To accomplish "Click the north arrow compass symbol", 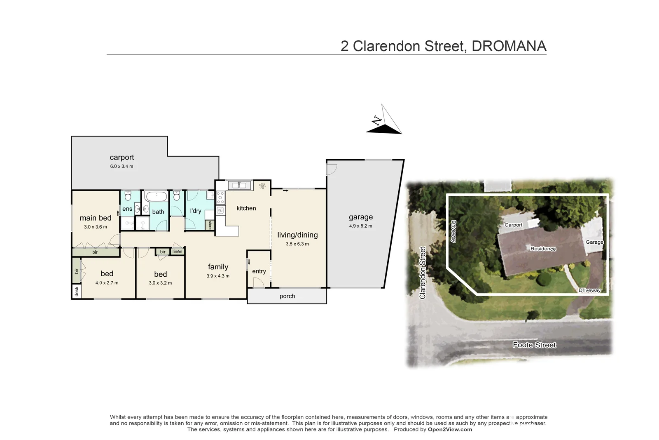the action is pyautogui.click(x=384, y=121).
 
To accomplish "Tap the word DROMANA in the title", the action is pyautogui.click(x=509, y=46).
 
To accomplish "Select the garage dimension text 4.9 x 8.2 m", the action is pyautogui.click(x=360, y=226).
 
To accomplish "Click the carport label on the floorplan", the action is pyautogui.click(x=122, y=158).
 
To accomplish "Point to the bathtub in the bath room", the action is pyautogui.click(x=156, y=196).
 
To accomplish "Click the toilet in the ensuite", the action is pyautogui.click(x=128, y=195).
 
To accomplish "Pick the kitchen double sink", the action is pyautogui.click(x=239, y=185).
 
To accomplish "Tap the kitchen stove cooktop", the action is pyautogui.click(x=220, y=198).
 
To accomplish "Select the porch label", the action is pyautogui.click(x=287, y=296).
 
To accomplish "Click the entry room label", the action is pyautogui.click(x=259, y=271).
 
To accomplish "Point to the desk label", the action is pyautogui.click(x=77, y=292).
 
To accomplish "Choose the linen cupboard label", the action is pyautogui.click(x=178, y=252).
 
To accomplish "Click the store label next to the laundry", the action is pyautogui.click(x=210, y=225).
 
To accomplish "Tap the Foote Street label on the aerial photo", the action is pyautogui.click(x=534, y=345).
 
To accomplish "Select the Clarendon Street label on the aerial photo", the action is pyautogui.click(x=423, y=273).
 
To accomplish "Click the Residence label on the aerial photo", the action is pyautogui.click(x=543, y=249).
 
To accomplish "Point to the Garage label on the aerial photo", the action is pyautogui.click(x=594, y=242).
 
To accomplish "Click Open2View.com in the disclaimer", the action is pyautogui.click(x=450, y=429).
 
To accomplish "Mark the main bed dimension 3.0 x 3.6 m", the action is pyautogui.click(x=95, y=227).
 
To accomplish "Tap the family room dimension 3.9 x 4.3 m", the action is pyautogui.click(x=218, y=276).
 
